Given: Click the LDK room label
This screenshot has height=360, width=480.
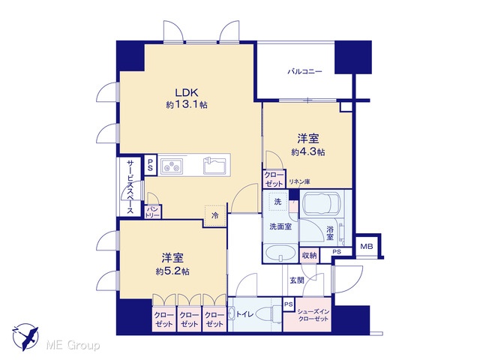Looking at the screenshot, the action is (187, 92).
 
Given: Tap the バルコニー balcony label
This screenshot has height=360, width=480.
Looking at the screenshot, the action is (304, 72).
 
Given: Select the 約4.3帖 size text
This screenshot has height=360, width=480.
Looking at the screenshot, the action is (308, 151).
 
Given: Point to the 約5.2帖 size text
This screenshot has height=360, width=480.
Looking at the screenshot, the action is (172, 271).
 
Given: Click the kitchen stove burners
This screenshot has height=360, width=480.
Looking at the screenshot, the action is (172, 166).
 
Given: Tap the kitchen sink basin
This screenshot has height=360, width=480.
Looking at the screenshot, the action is (214, 166).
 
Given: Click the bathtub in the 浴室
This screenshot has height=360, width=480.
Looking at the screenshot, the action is (322, 203).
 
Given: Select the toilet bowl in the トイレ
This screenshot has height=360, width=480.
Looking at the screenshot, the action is (266, 313).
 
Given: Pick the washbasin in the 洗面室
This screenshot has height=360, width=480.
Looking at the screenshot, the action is (280, 253).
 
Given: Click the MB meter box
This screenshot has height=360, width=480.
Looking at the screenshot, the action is (367, 246).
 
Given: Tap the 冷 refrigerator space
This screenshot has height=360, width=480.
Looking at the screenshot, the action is (215, 215).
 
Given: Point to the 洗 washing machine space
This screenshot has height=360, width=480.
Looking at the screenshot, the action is (277, 202).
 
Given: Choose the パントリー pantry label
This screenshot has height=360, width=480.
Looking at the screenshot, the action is (153, 211).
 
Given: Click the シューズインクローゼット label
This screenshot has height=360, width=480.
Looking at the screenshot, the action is (313, 315).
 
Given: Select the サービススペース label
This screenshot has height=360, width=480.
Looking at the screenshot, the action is (130, 187).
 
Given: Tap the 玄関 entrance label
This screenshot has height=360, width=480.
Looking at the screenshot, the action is (297, 280).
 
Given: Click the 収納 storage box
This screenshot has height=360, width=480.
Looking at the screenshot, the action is (309, 255).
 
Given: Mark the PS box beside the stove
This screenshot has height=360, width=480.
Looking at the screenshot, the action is (150, 165).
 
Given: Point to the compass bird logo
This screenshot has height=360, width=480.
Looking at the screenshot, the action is (25, 337).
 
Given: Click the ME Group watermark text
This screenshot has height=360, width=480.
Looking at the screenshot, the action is (73, 346).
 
